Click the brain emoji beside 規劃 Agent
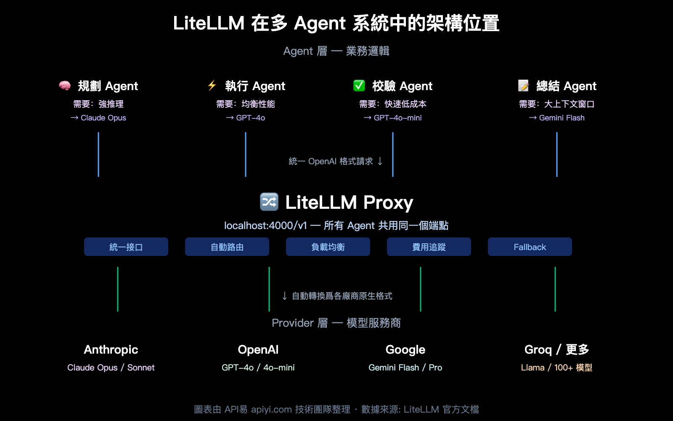[65, 86]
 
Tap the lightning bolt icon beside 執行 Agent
[212, 85]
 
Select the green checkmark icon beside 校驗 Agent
[359, 85]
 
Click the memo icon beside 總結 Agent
[523, 85]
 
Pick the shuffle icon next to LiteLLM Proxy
[269, 202]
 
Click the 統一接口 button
[126, 247]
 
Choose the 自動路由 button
[227, 247]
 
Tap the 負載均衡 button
[328, 247]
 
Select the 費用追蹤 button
[429, 247]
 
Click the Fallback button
[530, 247]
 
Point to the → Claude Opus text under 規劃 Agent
[98, 118]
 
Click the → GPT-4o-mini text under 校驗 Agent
[393, 118]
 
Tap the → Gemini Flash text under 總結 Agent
[557, 118]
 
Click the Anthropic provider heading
[111, 349]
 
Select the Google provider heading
[405, 349]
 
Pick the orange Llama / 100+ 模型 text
[556, 368]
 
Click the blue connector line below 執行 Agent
[246, 154]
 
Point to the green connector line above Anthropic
[118, 289]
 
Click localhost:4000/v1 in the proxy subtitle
[265, 226]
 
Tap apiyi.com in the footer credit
[271, 409]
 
